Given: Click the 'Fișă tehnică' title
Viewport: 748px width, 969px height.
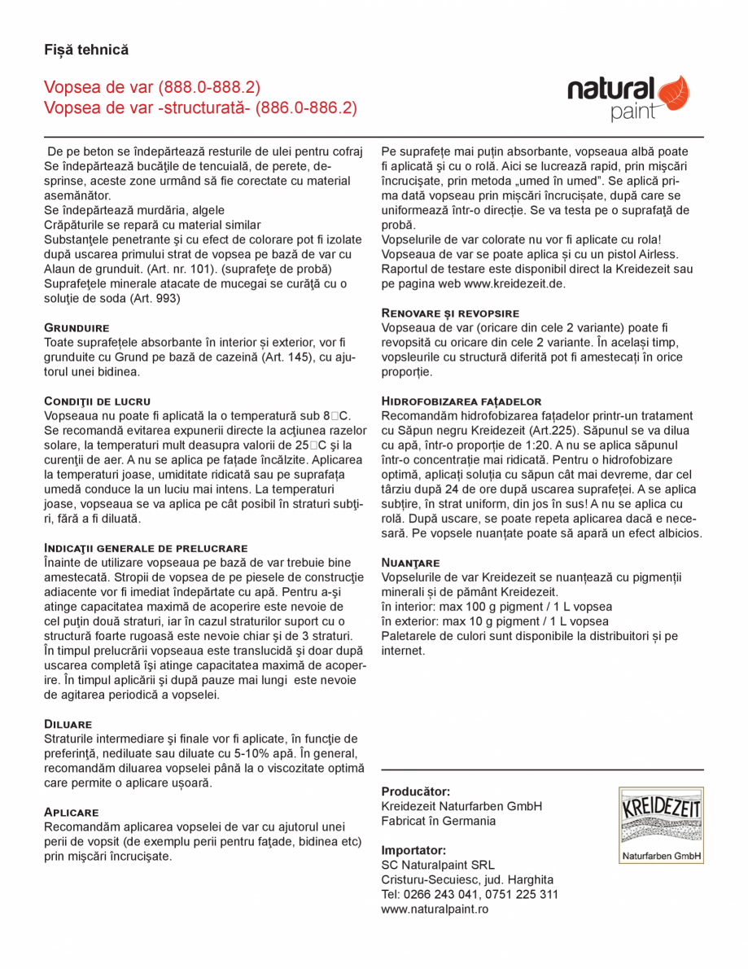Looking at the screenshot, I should point(86,50).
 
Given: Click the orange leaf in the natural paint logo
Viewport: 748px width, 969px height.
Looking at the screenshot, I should point(673,92).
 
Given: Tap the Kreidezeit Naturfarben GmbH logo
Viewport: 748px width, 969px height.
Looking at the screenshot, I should point(661,825).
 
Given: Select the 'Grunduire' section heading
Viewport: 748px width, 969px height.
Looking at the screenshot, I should point(77,327).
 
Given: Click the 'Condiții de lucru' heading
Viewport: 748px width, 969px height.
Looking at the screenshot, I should point(97,401).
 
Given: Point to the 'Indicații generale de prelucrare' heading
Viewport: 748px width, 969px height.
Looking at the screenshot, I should point(146,548).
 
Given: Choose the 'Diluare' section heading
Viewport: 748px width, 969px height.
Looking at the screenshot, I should point(68,723).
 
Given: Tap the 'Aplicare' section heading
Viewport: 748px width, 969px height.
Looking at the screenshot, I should point(71,812).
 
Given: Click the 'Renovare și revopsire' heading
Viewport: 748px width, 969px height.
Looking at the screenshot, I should point(450,313).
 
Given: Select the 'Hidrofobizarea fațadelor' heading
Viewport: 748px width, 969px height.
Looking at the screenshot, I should point(461,401).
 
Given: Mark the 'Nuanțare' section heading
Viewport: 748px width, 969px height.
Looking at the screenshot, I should point(411,563).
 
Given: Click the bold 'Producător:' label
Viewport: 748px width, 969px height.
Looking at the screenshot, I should point(416,791).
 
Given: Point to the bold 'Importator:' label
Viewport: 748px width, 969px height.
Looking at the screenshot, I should point(413,850).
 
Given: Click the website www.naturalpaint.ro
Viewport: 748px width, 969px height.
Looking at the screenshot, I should point(435,909).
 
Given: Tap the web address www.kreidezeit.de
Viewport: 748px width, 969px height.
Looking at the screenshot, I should point(514,283).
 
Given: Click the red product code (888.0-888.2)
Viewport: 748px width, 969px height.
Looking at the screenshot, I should point(210,87).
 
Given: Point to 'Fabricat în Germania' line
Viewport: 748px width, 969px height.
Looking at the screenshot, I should point(438,821).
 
